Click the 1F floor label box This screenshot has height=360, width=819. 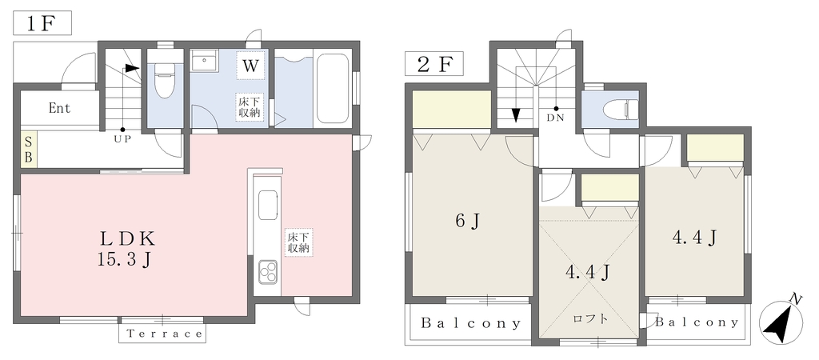[42, 24]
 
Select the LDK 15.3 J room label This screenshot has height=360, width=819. [127, 249]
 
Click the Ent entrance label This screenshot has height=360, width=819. [59, 110]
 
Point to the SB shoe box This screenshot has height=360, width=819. [29, 150]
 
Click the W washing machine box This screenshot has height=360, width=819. [250, 66]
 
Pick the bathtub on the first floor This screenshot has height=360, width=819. [332, 88]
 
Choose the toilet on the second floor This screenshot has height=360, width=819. [618, 110]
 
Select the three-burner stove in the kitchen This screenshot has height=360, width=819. [269, 270]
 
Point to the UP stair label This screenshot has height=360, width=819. [122, 139]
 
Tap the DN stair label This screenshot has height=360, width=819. [556, 118]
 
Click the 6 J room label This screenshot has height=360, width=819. [467, 221]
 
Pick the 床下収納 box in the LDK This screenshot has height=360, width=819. [299, 242]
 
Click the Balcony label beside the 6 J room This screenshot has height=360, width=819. [471, 323]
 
